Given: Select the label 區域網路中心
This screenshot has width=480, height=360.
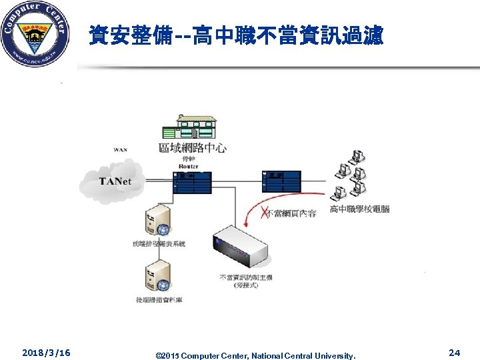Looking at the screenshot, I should point(192,147).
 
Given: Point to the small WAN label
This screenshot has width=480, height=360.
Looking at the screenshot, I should point(121,150).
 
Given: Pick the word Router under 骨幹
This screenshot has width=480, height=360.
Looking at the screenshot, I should point(189,166).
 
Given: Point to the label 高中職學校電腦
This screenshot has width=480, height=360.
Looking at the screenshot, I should point(359,209).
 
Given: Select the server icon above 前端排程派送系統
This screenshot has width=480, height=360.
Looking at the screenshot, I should point(157,221).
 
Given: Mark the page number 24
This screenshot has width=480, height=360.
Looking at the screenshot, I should point(455,352).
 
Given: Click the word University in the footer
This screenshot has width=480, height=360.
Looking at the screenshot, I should point(338,356).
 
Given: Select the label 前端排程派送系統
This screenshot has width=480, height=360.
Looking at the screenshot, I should point(158,244).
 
